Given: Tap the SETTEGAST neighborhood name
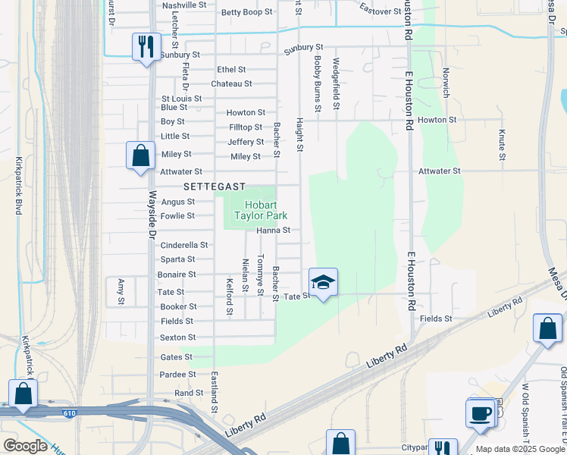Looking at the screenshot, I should [215, 187].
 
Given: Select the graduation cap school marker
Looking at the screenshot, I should [323, 282].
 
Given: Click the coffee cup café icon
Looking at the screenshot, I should [480, 413].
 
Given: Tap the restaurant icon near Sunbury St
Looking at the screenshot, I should [143, 46].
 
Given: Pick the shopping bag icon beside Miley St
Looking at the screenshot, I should [140, 156].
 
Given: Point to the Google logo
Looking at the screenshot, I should [25, 446].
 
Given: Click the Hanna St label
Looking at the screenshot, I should [274, 230].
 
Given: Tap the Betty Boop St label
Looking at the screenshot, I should [246, 12].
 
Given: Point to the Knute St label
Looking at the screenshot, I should [502, 145].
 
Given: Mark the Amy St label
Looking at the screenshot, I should [121, 291].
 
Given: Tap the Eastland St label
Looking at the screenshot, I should [215, 392].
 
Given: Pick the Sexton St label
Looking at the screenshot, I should [178, 337].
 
